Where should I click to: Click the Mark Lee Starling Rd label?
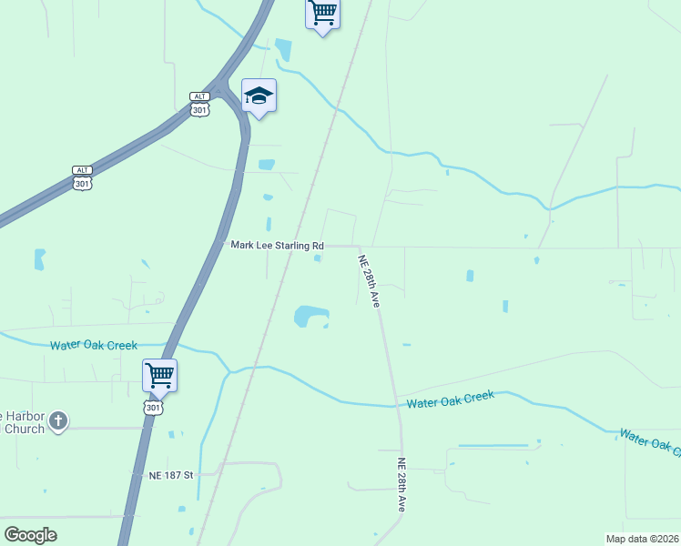[277, 246]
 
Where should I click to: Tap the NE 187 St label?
[171, 475]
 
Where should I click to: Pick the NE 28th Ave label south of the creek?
[401, 484]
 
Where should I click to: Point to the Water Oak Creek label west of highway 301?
[93, 345]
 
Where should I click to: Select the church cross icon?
[58, 420]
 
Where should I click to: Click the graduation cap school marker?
[259, 96]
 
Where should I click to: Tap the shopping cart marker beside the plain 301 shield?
[159, 374]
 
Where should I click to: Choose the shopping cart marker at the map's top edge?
[322, 15]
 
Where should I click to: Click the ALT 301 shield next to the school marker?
[200, 104]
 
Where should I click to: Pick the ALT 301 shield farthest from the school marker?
[82, 177]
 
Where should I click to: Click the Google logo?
[31, 535]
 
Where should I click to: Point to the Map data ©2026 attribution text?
[642, 538]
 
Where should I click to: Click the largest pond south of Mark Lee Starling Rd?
[310, 317]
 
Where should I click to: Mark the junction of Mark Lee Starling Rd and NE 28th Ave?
[360, 246]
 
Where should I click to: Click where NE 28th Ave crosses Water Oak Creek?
[396, 405]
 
